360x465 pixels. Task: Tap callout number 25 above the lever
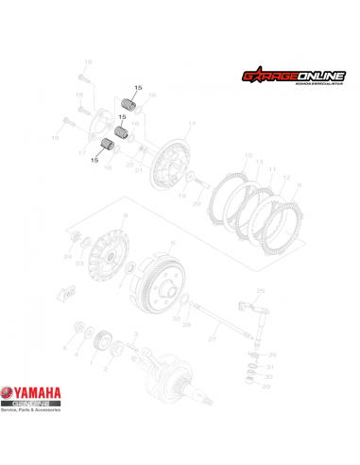point(261,290)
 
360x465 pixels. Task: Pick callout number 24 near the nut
point(67,256)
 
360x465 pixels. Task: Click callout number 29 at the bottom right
point(266,387)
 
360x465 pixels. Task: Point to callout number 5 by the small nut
point(65,348)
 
